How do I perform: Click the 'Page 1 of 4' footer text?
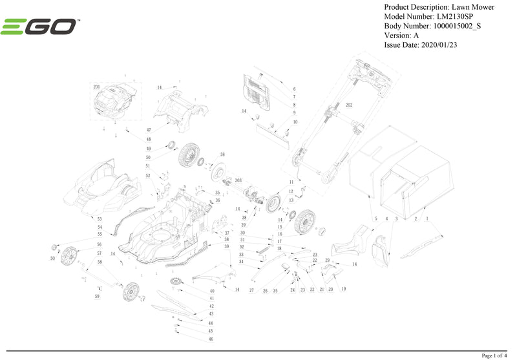(x=495, y=355)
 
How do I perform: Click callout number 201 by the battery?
(x=96, y=87)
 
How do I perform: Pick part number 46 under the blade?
(x=211, y=339)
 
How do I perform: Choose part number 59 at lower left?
(x=97, y=296)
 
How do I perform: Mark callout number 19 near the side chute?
(x=343, y=289)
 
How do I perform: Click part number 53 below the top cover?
(x=100, y=219)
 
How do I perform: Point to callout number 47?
(x=149, y=130)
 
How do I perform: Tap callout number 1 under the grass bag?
(x=427, y=219)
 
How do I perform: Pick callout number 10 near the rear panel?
(x=295, y=122)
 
